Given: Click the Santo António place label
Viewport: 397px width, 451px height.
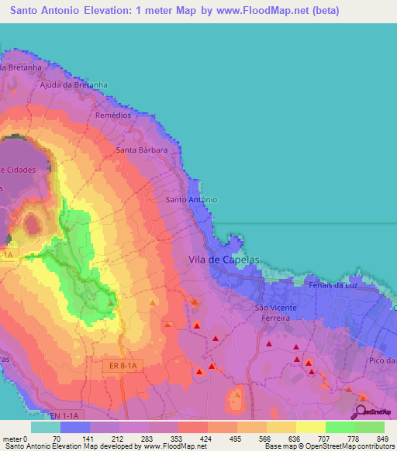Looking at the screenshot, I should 192,199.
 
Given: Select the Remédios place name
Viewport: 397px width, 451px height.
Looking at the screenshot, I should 114,114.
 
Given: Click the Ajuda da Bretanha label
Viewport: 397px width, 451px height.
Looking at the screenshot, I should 73,84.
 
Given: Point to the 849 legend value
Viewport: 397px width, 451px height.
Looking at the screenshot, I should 381,439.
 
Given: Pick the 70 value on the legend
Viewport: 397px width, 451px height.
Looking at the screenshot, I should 56,439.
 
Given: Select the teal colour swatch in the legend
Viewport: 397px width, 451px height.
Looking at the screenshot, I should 46,427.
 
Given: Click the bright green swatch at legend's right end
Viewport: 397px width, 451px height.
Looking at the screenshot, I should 370,427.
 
